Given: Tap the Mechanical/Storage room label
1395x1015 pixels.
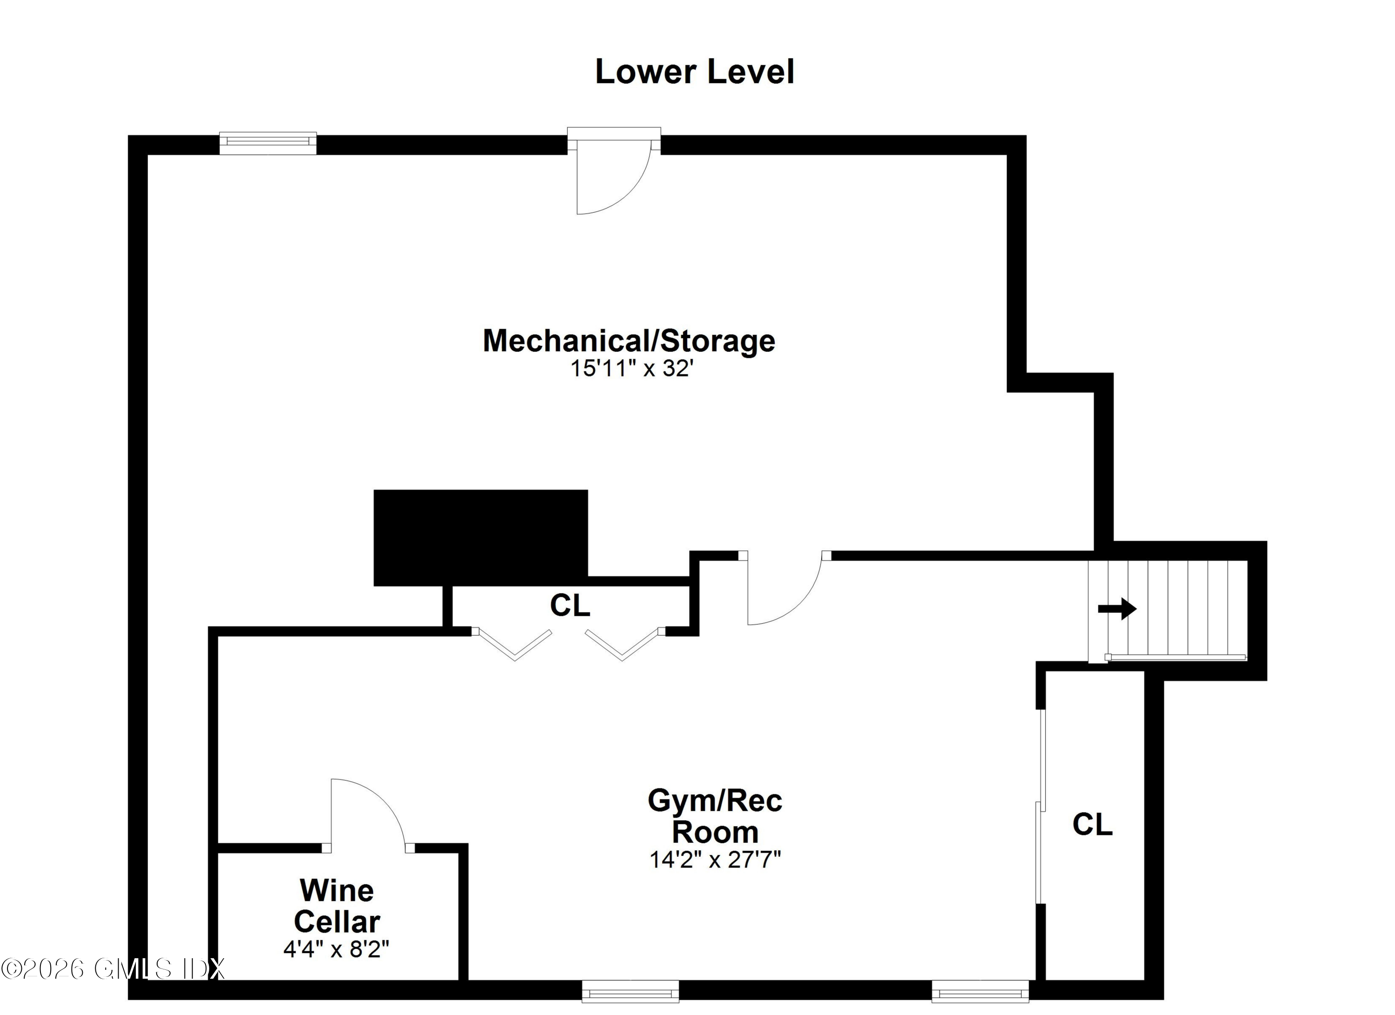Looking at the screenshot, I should coord(629,340).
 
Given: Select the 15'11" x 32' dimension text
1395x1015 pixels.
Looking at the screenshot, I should coord(631,369).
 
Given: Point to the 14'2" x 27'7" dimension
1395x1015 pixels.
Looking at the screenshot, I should coord(715,859).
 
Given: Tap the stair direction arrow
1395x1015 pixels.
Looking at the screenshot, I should coord(1117,609).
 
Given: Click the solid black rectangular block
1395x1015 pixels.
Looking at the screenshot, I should coord(480,538).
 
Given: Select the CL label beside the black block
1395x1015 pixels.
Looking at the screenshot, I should coord(570,605).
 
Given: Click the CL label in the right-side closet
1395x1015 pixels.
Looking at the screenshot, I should coord(1092,824).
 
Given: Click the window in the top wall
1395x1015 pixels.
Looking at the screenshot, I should coord(268,143).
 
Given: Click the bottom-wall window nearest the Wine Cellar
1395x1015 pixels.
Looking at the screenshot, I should coord(631,991).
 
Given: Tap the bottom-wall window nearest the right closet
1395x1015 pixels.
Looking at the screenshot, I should coord(980,991).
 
